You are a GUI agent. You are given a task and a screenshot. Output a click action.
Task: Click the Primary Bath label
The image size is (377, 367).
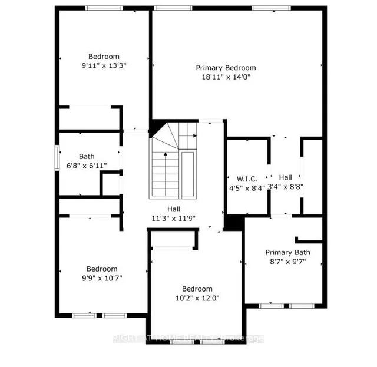[287, 252]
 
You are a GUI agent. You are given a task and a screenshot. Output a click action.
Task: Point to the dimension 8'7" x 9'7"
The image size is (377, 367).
[287, 261]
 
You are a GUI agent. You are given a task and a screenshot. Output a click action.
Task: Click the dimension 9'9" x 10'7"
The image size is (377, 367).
[102, 277]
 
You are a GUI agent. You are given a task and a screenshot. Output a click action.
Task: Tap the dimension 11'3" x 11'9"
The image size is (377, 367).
[173, 217]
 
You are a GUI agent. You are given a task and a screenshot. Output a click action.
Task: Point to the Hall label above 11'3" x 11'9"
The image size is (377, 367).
[173, 209]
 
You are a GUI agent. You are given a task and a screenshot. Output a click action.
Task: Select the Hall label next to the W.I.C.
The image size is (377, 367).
[286, 177]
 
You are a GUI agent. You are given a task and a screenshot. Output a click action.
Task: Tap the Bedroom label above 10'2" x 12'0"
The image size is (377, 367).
[197, 289]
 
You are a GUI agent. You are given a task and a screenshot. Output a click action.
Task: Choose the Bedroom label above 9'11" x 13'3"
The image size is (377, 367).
[104, 57]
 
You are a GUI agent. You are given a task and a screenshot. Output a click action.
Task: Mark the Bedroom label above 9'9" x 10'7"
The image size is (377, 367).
[102, 269]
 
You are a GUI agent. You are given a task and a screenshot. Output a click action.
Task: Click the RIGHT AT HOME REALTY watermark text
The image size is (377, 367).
[188, 338]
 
